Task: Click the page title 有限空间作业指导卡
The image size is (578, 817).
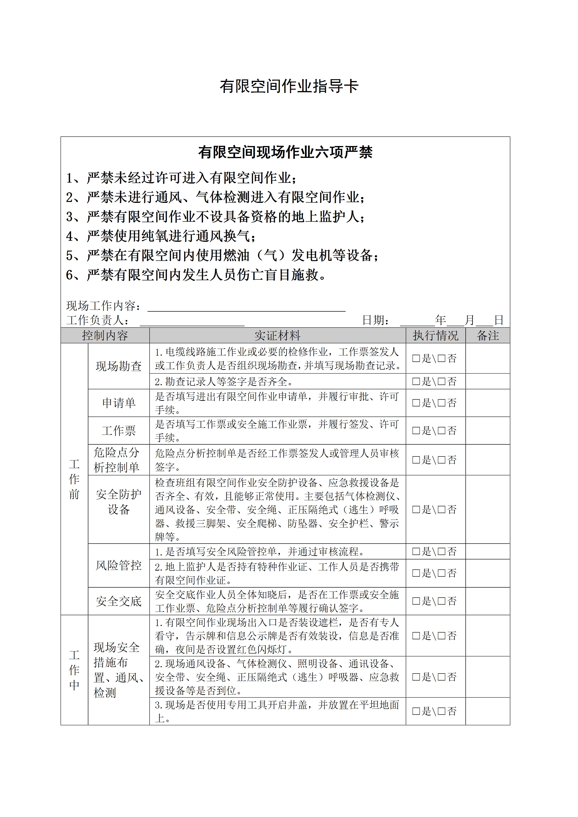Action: coord(289,86)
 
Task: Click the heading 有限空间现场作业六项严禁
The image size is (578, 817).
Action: coord(285,152)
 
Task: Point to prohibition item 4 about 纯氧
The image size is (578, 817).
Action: coord(161,236)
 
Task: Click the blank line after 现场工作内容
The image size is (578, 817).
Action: coord(246,307)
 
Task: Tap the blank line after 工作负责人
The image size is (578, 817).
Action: coord(192,321)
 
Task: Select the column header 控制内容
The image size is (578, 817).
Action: coord(105,336)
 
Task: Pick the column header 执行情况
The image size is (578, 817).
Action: coord(436,336)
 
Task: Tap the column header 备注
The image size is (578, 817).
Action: coord(488,336)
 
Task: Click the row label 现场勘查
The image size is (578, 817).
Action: coord(119,366)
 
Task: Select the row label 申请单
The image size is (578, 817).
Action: coord(119,403)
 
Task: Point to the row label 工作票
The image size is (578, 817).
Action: coord(119,431)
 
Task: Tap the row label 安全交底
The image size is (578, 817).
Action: coord(119,601)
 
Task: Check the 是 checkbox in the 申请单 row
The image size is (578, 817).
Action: coord(416,403)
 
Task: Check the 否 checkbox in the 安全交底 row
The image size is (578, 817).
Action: coord(442,601)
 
